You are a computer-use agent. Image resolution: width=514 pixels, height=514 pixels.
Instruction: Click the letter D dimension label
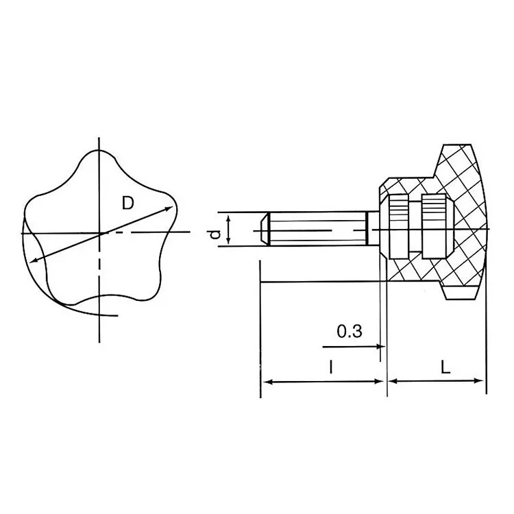pos(128,203)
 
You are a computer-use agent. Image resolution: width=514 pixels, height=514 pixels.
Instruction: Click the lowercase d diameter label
pos(215,234)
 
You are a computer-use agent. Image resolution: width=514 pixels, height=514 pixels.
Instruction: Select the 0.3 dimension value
pos(350,331)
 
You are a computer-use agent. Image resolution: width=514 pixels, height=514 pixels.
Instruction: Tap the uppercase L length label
pos(445,367)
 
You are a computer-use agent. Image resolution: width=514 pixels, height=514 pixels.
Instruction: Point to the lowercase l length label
pos(331,367)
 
